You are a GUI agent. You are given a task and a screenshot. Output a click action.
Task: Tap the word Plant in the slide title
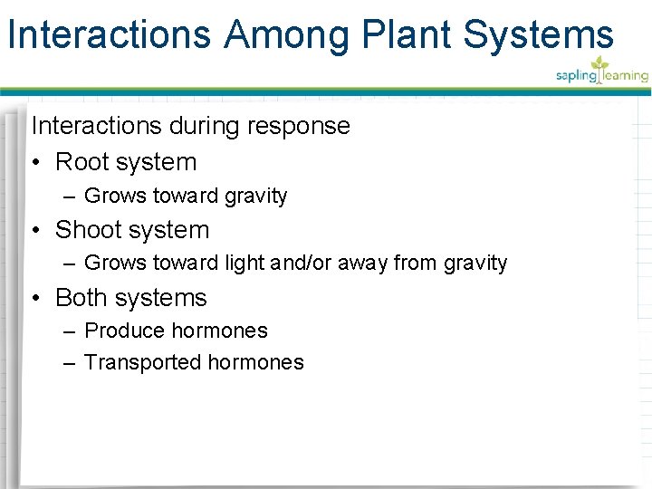407,35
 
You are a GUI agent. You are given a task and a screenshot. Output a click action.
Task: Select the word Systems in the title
538,35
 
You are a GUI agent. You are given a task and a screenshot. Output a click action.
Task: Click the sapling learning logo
601,72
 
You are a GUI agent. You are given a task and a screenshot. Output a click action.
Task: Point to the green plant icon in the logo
599,64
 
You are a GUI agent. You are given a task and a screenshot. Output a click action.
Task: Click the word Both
81,298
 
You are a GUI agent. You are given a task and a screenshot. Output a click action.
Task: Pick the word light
247,264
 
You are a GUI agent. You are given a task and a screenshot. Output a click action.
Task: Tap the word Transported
142,363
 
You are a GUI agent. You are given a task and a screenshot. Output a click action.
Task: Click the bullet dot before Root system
37,163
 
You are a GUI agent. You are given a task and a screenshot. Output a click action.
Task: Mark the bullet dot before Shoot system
37,231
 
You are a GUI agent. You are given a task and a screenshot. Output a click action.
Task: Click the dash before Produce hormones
70,331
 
